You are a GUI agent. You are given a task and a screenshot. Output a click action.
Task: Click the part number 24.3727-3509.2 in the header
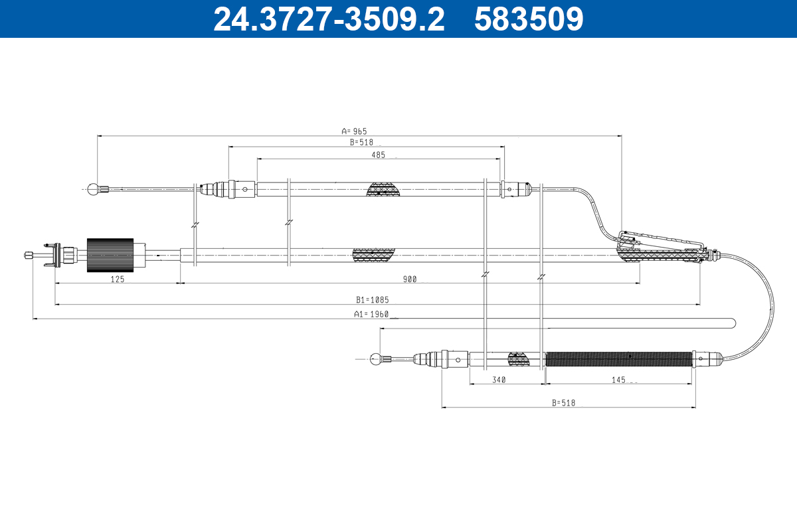pyautogui.click(x=329, y=19)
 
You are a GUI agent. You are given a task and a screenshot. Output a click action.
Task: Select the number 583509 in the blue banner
pyautogui.click(x=529, y=19)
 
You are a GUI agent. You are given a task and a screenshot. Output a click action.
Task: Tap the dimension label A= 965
pyautogui.click(x=354, y=131)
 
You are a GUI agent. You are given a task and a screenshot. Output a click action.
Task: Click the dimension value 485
pyautogui.click(x=378, y=155)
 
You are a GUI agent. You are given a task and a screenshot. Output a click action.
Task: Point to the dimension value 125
pyautogui.click(x=118, y=279)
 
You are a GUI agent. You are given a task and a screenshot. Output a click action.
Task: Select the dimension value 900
pyautogui.click(x=410, y=279)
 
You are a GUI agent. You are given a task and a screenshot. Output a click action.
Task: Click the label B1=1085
pyautogui.click(x=373, y=300)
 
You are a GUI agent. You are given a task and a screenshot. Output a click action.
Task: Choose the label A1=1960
pyautogui.click(x=371, y=314)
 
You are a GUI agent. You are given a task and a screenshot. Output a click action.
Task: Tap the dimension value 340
pyautogui.click(x=499, y=380)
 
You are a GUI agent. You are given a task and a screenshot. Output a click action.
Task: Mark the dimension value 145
pyautogui.click(x=618, y=380)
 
